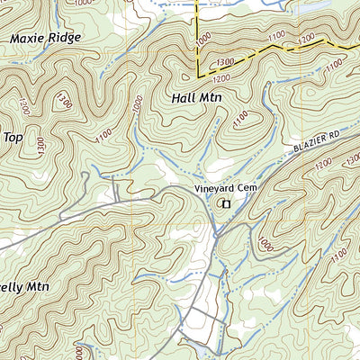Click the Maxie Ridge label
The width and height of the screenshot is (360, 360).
point(45,39)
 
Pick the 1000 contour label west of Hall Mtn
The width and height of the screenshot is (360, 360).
point(136,105)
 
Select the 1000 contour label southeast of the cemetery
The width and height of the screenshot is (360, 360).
point(264,242)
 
